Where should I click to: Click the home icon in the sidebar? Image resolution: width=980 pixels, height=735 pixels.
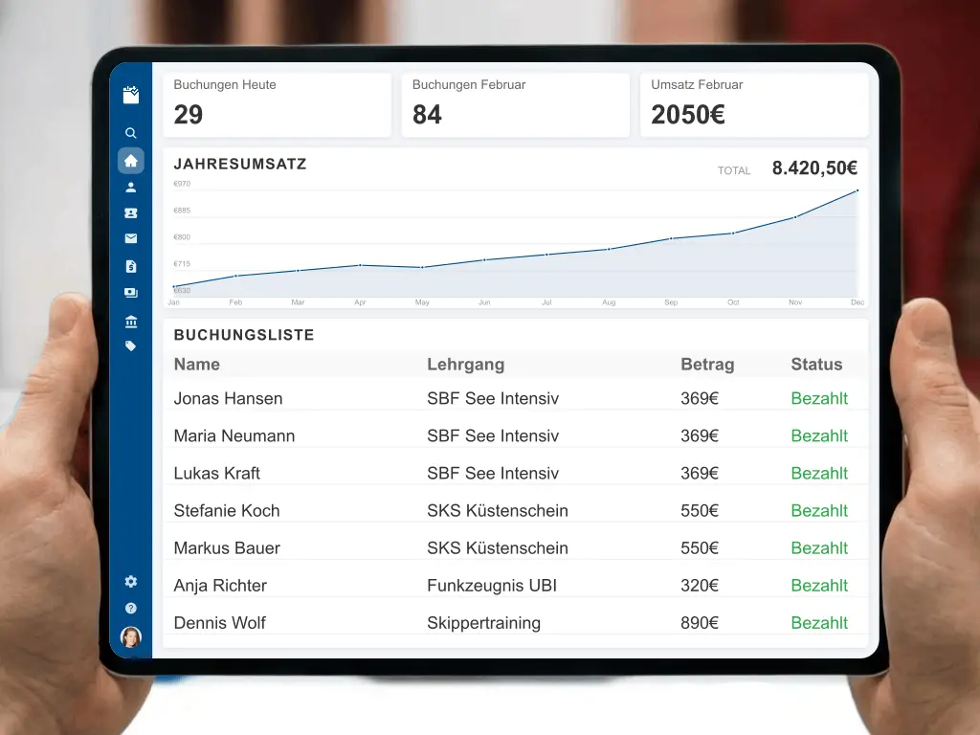(x=131, y=161)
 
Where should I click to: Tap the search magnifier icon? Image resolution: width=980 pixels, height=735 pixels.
(x=131, y=134)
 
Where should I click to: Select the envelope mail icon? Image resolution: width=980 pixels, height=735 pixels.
(x=131, y=239)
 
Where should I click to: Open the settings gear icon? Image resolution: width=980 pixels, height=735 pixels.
(x=131, y=582)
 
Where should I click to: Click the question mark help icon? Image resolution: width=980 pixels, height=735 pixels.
(x=131, y=609)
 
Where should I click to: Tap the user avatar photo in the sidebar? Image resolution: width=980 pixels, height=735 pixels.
(x=131, y=636)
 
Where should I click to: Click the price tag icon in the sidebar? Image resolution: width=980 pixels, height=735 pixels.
(x=131, y=346)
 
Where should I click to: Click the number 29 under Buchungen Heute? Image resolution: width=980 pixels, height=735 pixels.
(x=189, y=116)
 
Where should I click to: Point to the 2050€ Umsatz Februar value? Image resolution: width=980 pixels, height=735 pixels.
(x=688, y=116)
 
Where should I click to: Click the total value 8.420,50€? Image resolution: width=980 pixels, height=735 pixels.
(x=814, y=168)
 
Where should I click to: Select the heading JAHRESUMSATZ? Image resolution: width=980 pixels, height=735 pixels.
(x=240, y=164)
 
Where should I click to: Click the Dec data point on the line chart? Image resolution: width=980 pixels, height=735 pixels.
(x=857, y=190)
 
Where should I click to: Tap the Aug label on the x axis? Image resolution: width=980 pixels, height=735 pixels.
(x=609, y=302)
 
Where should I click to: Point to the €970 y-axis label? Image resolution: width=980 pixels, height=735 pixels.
(x=182, y=184)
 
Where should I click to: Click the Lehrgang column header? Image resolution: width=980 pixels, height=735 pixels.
(x=465, y=365)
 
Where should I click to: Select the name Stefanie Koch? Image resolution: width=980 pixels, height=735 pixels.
(x=227, y=511)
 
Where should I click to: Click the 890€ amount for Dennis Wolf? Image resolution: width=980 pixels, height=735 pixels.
(x=700, y=623)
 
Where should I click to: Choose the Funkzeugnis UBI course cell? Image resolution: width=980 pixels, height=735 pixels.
(x=492, y=586)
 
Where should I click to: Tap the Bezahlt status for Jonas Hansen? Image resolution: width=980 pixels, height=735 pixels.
(x=819, y=399)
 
